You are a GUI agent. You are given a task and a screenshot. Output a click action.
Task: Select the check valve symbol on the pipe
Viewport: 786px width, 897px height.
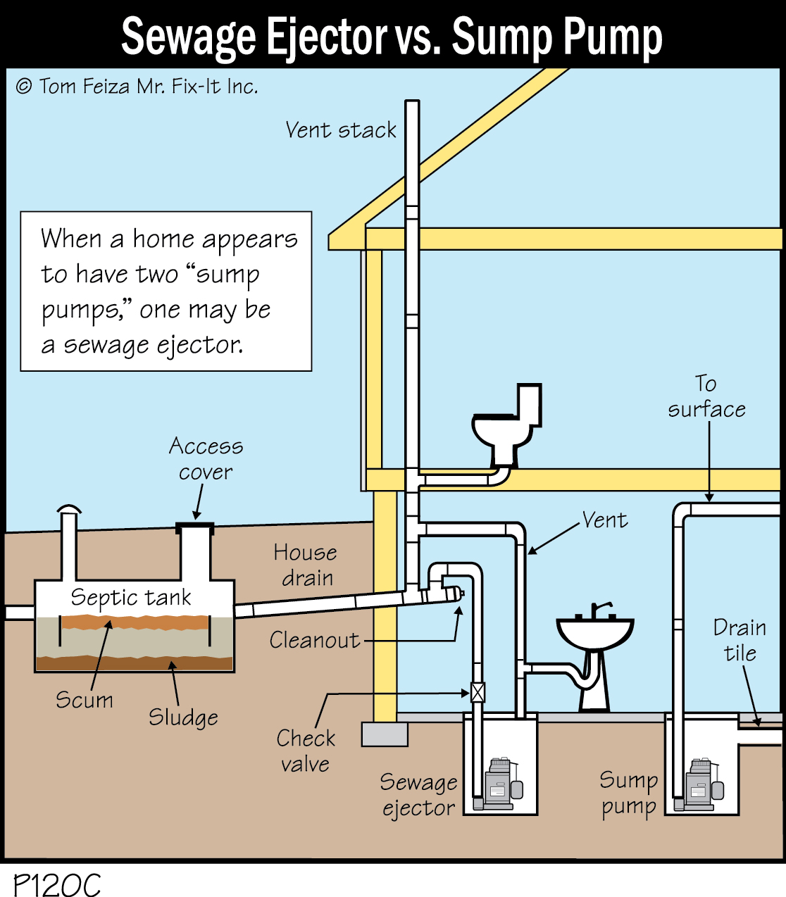click(478, 693)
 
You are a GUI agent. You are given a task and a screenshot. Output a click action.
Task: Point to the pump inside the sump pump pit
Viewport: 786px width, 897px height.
click(702, 784)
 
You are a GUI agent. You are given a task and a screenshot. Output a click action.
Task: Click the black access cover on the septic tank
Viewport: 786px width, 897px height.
click(194, 526)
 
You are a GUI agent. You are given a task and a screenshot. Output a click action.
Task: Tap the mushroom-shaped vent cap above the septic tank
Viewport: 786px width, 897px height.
click(69, 509)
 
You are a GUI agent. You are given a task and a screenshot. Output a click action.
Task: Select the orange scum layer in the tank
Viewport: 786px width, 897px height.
click(134, 622)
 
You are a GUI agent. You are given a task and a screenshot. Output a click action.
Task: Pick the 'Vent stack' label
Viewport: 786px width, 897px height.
click(341, 130)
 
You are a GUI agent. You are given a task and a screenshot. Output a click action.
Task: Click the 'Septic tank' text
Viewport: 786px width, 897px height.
click(131, 598)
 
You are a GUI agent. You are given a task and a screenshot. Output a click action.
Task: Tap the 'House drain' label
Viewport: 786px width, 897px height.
click(306, 565)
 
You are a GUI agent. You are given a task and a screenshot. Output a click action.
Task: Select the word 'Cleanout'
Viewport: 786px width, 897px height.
click(314, 640)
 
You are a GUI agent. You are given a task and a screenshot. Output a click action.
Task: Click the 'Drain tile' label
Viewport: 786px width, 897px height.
click(740, 640)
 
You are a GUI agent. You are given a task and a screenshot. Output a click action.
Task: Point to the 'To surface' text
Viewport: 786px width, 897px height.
click(706, 396)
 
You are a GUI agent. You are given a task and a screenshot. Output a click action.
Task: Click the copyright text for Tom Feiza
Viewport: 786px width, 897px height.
click(137, 87)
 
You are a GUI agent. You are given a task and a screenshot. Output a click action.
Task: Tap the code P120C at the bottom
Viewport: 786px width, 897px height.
click(58, 884)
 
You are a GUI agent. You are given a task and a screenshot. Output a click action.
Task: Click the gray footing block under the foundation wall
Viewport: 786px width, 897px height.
click(385, 734)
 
